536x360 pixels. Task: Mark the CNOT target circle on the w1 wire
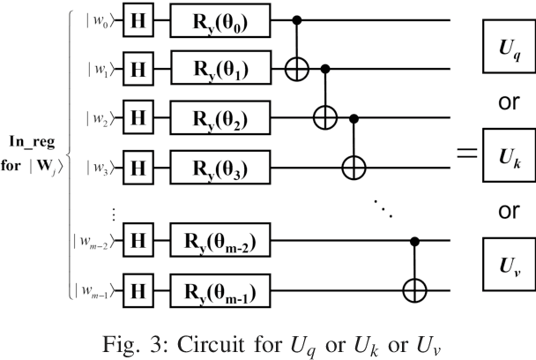point(300,67)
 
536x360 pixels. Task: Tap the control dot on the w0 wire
point(300,19)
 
